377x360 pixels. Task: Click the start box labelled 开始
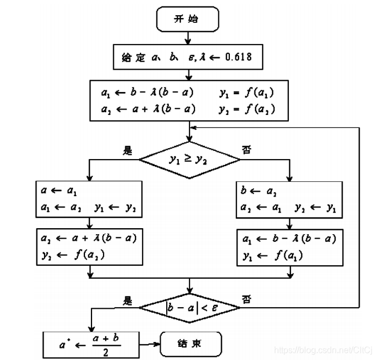pyautogui.click(x=188, y=19)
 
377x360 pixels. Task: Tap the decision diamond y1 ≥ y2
pyautogui.click(x=188, y=159)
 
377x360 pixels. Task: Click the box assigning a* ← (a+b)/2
pyautogui.click(x=92, y=345)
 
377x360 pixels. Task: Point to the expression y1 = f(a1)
pyautogui.click(x=246, y=93)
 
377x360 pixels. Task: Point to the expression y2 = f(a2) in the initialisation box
pyautogui.click(x=246, y=109)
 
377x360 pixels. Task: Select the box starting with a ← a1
pyautogui.click(x=89, y=199)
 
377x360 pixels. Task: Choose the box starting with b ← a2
pyautogui.click(x=289, y=199)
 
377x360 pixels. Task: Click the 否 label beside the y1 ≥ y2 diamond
pyautogui.click(x=247, y=151)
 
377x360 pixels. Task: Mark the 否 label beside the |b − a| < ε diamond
pyautogui.click(x=246, y=299)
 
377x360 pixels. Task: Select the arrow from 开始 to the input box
pyautogui.click(x=188, y=38)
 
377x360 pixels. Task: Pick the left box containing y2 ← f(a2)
pyautogui.click(x=89, y=246)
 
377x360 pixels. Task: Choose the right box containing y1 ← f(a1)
pyautogui.click(x=289, y=246)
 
